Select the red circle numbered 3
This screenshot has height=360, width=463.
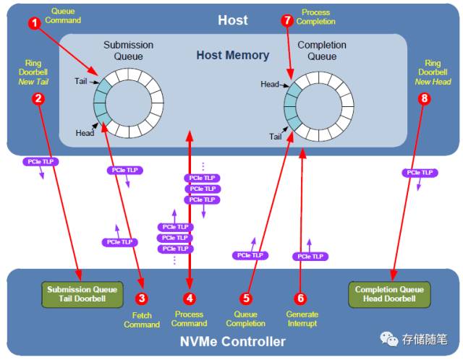(x=142, y=297)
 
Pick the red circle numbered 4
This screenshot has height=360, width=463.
(x=190, y=297)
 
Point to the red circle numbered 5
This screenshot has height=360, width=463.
(x=245, y=297)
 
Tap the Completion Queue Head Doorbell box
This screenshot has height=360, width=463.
(x=389, y=293)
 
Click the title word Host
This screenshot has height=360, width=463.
(x=232, y=20)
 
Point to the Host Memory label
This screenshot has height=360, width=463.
(x=232, y=56)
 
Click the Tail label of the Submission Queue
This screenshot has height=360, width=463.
(x=80, y=81)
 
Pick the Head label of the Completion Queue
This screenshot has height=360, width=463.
(x=270, y=85)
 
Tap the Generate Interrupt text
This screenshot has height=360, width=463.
(x=302, y=319)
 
